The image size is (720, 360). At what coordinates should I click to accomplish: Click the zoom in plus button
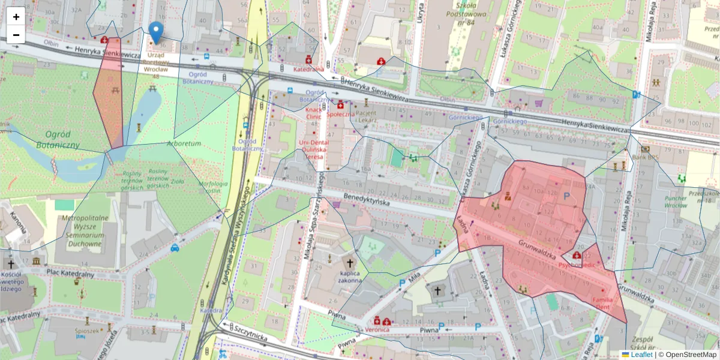[x=16, y=16]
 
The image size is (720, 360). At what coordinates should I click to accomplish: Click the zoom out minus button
[x=16, y=35]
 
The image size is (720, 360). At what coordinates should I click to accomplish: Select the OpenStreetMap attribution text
[x=689, y=355]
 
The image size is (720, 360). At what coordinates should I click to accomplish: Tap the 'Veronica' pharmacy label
[x=378, y=329]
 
